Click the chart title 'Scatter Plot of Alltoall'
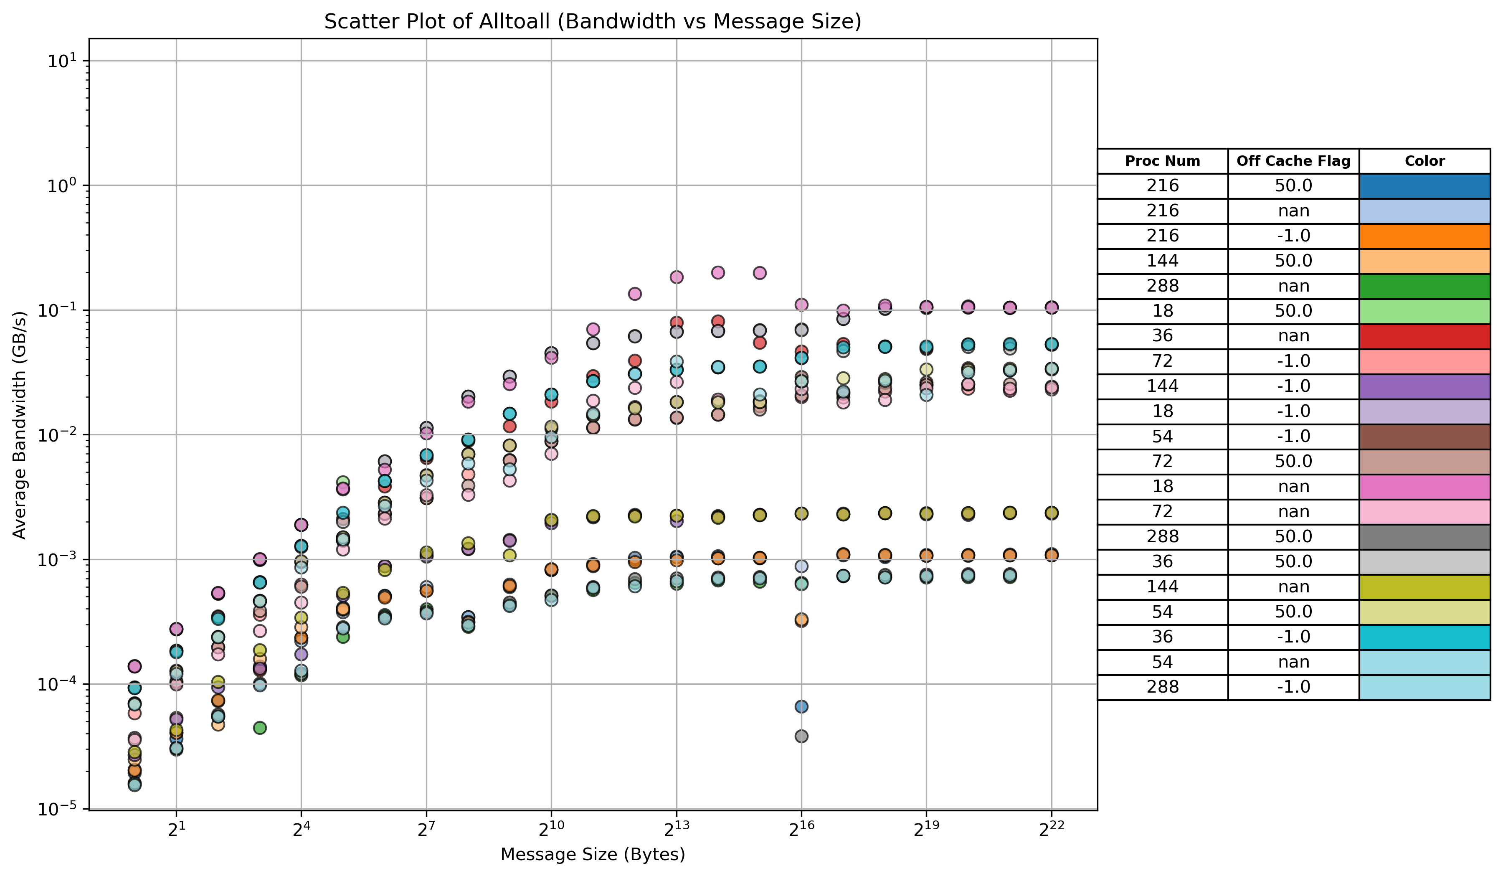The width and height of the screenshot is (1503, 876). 592,21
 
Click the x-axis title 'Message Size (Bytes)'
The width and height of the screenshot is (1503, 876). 592,855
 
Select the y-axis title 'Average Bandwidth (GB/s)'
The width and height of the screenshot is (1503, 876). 20,424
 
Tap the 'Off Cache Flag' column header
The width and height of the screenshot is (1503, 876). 1293,161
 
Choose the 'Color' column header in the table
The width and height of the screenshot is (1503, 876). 1424,161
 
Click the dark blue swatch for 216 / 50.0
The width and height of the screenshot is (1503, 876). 1424,186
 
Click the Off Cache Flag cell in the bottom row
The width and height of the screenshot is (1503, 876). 1293,687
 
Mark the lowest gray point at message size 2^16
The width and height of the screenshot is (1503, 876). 801,736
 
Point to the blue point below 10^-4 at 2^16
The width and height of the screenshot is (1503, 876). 801,706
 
